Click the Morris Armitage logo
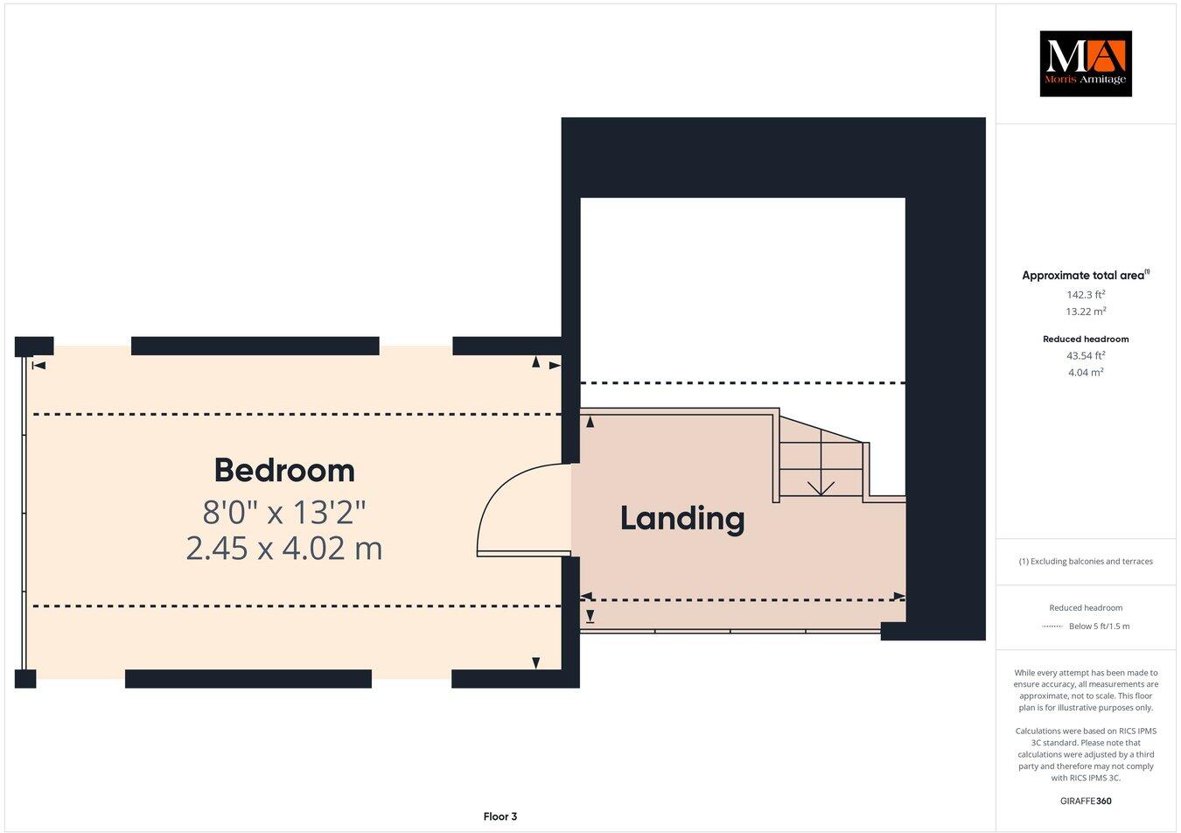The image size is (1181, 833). coord(1085,63)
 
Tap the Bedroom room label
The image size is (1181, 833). coord(284,471)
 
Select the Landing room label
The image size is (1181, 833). coord(682,518)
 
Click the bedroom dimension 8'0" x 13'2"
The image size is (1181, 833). coord(284,512)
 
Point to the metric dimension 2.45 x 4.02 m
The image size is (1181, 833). coord(284,549)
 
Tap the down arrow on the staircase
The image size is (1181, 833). coord(820,486)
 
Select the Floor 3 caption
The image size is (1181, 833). coord(500,816)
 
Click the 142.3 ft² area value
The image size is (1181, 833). coord(1085,295)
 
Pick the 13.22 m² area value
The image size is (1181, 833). coord(1085,311)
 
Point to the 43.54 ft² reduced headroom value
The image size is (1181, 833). coord(1085,355)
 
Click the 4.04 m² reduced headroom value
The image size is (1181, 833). coord(1085,372)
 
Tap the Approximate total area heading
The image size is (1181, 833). coord(1085,275)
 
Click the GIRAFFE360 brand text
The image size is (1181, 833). coord(1085,800)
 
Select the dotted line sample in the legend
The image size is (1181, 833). coord(1052,626)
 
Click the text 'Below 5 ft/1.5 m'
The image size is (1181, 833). coord(1099,626)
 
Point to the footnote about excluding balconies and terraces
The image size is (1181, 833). coord(1085,561)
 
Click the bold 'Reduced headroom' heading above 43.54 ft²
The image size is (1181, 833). coord(1085,339)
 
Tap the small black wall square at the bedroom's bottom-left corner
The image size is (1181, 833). coord(25,678)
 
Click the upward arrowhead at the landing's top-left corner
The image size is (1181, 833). coord(590,423)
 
